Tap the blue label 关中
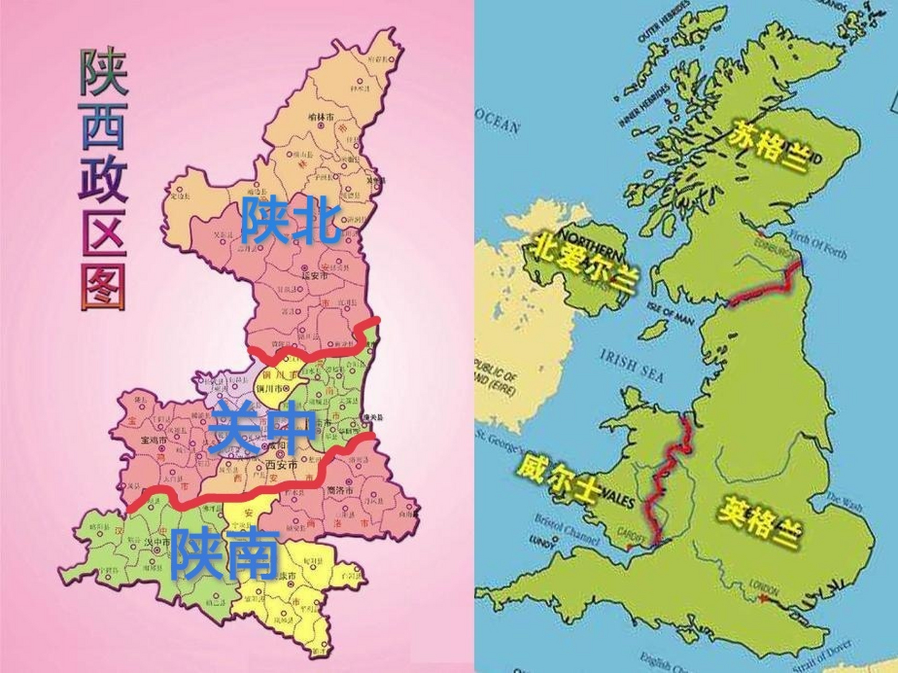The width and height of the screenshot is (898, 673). pos(262,427)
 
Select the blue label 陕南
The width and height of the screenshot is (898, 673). pos(224,553)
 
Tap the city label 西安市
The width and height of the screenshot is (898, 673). pos(282,465)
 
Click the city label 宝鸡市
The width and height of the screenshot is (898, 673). pos(154,440)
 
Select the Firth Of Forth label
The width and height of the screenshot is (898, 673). pos(823,246)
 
